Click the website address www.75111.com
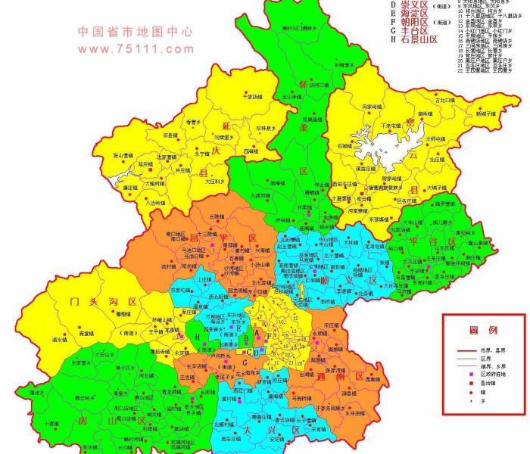pyautogui.click(x=136, y=48)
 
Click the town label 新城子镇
pyautogui.click(x=485, y=113)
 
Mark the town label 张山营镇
pyautogui.click(x=123, y=155)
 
